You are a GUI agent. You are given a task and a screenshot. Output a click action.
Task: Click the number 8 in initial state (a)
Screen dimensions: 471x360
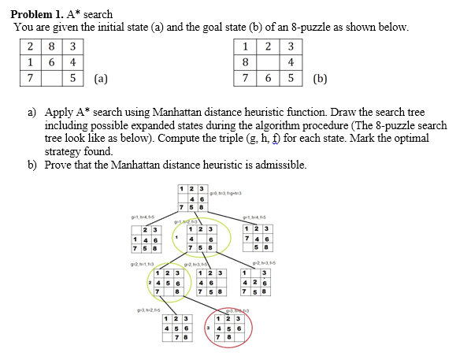pos(49,44)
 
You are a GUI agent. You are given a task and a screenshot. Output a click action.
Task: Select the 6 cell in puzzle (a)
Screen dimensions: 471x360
pos(49,61)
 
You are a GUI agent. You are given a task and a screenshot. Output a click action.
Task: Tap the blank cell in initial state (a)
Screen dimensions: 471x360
pos(49,79)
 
